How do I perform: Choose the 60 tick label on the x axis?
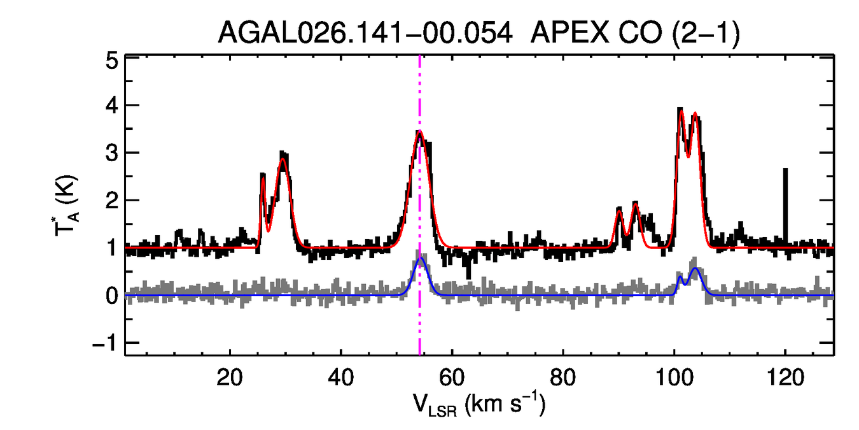(x=452, y=378)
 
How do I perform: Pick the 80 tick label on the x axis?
(x=563, y=378)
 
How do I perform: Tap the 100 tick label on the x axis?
(x=674, y=378)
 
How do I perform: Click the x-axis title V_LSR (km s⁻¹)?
(x=479, y=405)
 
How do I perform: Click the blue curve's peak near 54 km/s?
(x=419, y=259)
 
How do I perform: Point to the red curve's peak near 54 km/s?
(x=419, y=131)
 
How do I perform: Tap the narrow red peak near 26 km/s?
(x=263, y=176)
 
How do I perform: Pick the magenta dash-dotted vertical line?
(x=420, y=319)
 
